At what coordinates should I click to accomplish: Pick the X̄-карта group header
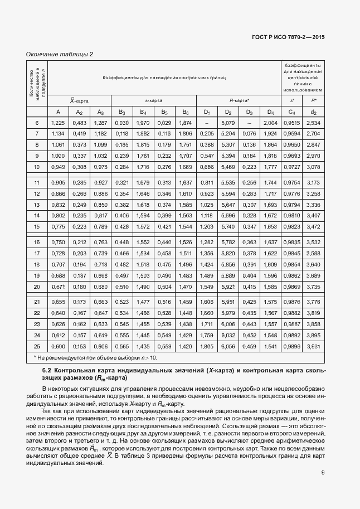79,100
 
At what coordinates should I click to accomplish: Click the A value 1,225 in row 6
58,123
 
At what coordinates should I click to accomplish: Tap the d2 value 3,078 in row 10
313,167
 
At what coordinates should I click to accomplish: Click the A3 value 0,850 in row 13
100,205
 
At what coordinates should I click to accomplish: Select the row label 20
37,286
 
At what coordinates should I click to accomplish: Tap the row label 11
37,182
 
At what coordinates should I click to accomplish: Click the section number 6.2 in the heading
48,371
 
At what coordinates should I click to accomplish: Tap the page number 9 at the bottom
323,474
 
